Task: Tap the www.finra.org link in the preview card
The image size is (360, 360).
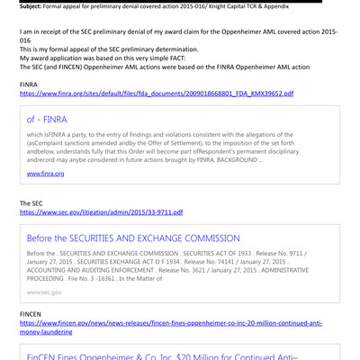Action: (45, 173)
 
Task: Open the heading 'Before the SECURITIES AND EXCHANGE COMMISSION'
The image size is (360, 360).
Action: (133, 238)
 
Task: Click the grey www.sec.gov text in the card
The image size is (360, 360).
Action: (44, 292)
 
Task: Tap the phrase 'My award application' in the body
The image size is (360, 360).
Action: (53, 56)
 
